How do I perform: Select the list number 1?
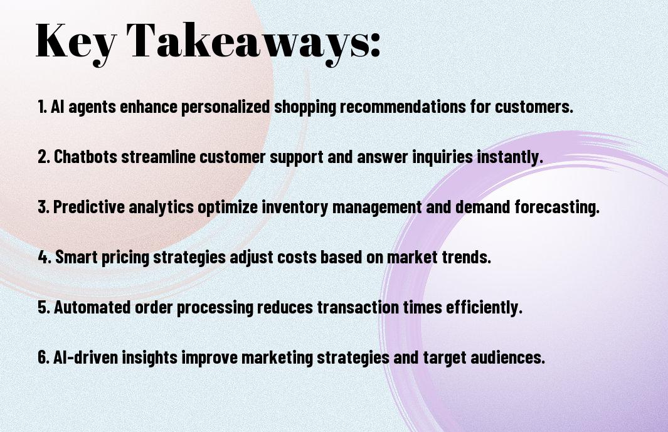(42, 107)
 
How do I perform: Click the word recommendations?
(403, 107)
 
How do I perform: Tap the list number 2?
(43, 157)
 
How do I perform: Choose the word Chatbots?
(85, 156)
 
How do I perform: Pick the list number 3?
(43, 207)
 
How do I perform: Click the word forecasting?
(557, 207)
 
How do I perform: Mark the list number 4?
(45, 257)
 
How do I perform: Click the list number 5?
(43, 307)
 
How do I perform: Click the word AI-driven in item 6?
(85, 357)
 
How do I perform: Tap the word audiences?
(508, 357)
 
